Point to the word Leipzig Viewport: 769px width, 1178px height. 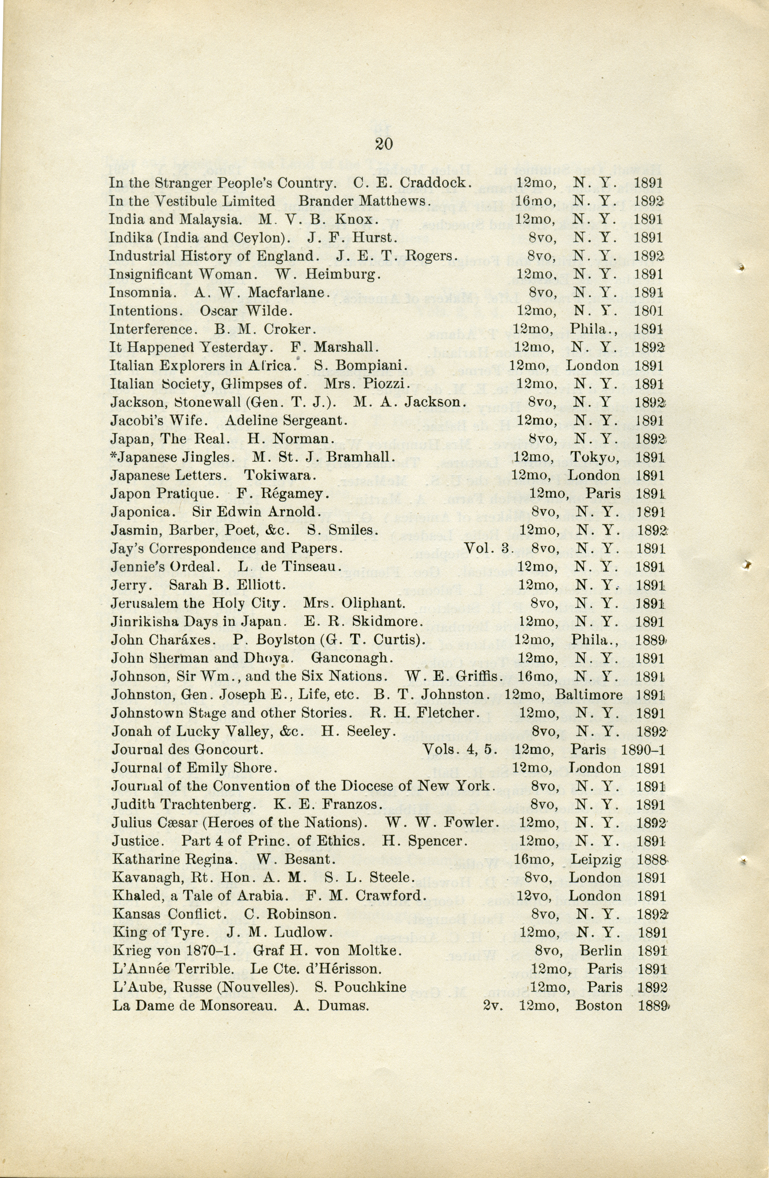[596, 860]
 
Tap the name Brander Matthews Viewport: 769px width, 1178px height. [364, 202]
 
